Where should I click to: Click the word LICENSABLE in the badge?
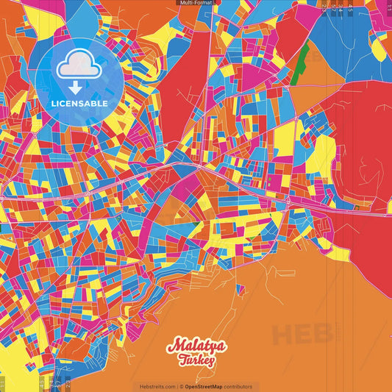tap(79, 103)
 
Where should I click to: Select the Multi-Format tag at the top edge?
tap(196, 3)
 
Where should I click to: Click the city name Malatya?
tap(196, 345)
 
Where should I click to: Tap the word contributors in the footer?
tap(237, 387)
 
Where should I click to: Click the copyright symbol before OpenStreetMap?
tap(182, 387)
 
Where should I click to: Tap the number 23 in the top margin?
tap(324, 7)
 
